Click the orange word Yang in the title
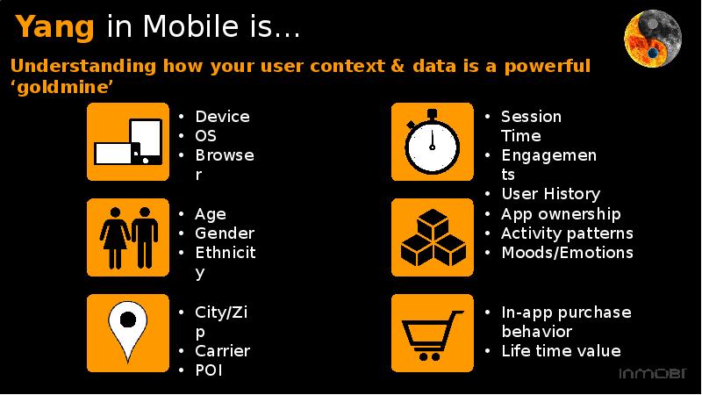55,27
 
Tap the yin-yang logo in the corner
653,39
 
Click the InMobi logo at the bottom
653,374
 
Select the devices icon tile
128,141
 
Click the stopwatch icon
433,141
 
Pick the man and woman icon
128,237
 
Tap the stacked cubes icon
433,237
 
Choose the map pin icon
128,334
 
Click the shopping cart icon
433,334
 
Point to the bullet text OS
205,136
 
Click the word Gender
225,233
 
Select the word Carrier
223,350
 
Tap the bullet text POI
209,370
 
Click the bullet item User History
551,194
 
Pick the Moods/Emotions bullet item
567,253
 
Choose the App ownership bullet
561,214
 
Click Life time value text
561,350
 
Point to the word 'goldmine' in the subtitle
61,87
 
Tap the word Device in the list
223,117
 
